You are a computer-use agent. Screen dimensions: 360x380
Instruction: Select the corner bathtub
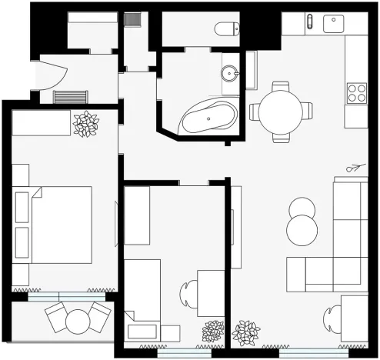click(206, 118)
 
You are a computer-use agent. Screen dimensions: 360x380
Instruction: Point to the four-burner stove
click(357, 93)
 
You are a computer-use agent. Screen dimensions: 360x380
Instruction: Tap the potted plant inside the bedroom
click(85, 124)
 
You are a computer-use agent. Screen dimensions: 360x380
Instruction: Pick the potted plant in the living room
click(246, 333)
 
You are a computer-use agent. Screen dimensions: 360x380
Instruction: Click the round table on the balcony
click(78, 319)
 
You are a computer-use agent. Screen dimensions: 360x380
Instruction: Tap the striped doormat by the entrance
click(72, 97)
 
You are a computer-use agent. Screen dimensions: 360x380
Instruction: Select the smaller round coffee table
click(302, 208)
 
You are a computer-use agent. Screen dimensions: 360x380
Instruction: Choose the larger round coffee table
click(302, 229)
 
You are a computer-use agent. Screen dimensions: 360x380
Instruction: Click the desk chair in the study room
click(188, 293)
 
